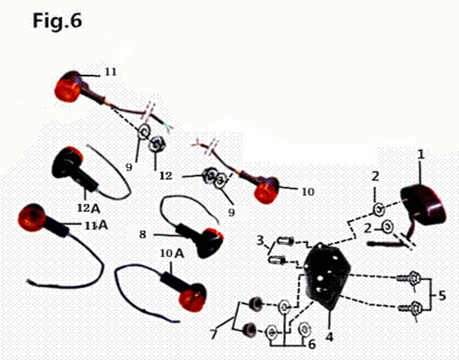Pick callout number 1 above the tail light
419,155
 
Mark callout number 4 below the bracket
330,337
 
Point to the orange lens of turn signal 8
213,240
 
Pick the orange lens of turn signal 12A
73,157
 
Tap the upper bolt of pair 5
413,279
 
